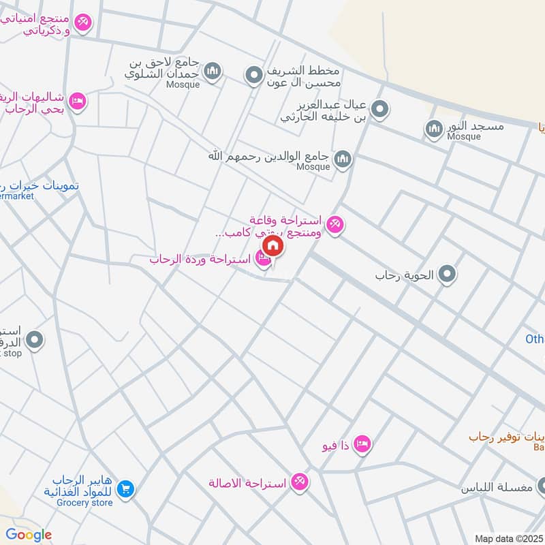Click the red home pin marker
(x=272, y=246)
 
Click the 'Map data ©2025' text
(x=508, y=538)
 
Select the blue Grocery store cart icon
(x=125, y=488)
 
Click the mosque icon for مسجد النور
(x=433, y=127)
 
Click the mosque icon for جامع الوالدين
(x=342, y=159)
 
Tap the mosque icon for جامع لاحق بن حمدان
(x=213, y=71)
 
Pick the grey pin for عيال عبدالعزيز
(x=380, y=108)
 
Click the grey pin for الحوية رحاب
(x=447, y=275)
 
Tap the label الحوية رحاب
(x=406, y=277)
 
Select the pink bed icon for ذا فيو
(x=362, y=444)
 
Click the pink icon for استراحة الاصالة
(x=298, y=482)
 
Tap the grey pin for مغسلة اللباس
(x=543, y=486)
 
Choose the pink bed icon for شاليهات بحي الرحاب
(x=78, y=101)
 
